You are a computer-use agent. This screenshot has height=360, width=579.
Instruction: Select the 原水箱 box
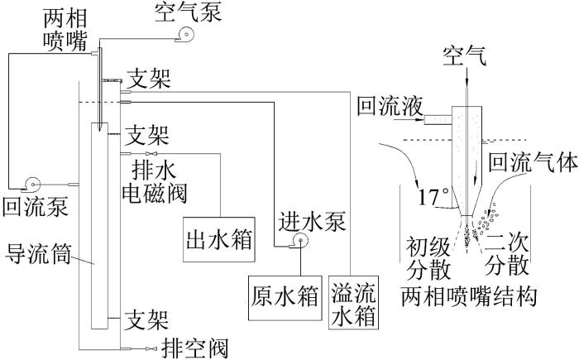pos(285,298)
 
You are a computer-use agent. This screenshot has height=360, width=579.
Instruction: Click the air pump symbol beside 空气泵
pos(184,35)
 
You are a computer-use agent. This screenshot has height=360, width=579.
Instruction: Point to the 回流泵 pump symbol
pos(31,185)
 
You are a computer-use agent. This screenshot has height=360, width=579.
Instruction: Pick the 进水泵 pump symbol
pos(299,242)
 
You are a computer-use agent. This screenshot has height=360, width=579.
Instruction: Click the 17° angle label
pos(433,197)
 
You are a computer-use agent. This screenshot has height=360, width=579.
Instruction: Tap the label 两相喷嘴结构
pos(469,296)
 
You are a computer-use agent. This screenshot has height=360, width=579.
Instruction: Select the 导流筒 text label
pos(38,254)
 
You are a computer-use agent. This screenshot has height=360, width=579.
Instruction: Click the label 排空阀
pos(195,348)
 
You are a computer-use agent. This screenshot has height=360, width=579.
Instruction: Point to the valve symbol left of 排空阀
pos(151,348)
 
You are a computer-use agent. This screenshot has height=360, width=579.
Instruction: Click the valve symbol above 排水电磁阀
pos(151,153)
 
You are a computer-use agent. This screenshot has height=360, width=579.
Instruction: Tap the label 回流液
pos(390,107)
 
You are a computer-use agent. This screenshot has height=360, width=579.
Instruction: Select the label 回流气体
pos(533,162)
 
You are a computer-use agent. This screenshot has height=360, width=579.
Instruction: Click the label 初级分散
pos(428,259)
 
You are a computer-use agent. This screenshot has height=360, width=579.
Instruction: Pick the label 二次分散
pos(506,254)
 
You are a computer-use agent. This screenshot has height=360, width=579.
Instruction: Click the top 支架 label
pos(149,79)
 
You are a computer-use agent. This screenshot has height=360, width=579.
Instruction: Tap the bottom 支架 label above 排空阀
pos(146,320)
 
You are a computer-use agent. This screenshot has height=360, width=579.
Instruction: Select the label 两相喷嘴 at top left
pos(65,30)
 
